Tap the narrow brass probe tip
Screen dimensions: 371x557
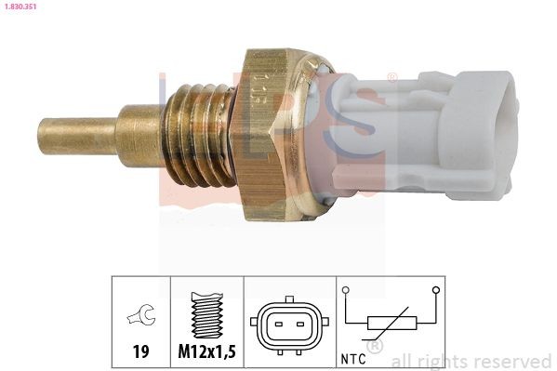pyautogui.click(x=75, y=136)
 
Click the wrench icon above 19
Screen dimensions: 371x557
pyautogui.click(x=140, y=318)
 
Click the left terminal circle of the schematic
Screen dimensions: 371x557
pyautogui.click(x=346, y=291)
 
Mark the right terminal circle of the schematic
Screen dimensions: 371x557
pyautogui.click(x=435, y=291)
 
